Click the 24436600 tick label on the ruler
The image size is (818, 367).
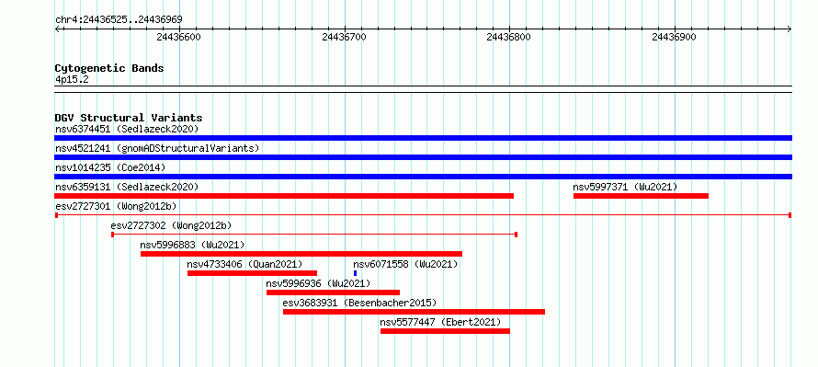point(178,37)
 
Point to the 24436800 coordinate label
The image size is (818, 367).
point(508,37)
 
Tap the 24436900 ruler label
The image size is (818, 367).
point(674,37)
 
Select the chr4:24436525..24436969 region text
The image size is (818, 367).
point(119,20)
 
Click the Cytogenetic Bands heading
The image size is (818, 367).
point(109,68)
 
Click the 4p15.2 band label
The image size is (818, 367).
point(72,79)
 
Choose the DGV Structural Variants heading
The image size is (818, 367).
point(129,118)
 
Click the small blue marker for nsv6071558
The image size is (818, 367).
point(356,273)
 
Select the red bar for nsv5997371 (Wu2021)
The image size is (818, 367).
point(641,196)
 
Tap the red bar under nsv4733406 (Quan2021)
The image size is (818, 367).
point(252,273)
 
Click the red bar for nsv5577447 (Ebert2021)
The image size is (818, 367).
point(445,331)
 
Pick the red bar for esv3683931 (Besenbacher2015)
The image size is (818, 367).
point(414,312)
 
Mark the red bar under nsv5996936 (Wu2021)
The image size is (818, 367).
point(333,292)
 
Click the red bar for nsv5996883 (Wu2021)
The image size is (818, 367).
point(301,254)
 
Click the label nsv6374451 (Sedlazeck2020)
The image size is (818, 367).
point(127,129)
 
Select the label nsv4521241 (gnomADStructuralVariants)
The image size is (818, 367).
point(157,148)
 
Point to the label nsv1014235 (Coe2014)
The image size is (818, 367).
point(110,167)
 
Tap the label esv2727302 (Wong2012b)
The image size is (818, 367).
point(171,225)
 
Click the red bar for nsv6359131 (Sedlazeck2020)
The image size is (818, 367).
point(284,196)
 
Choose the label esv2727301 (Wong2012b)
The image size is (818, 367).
point(116,206)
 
